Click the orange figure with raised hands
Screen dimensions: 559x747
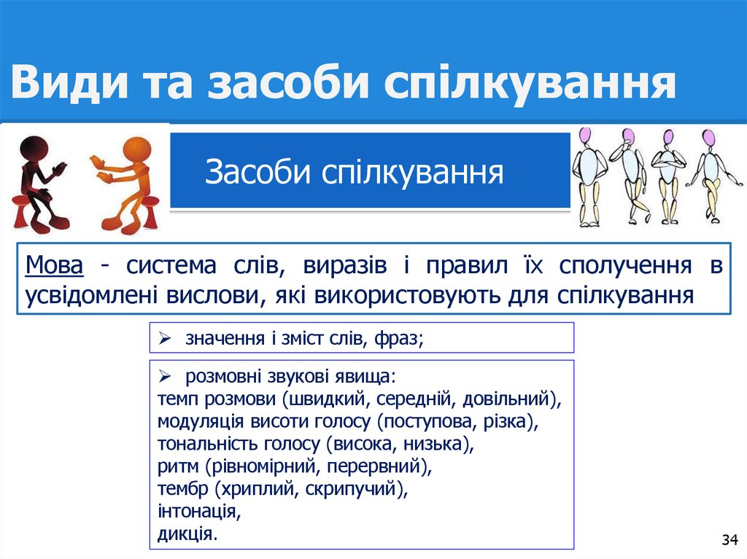click(125, 182)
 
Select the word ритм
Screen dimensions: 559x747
click(177, 465)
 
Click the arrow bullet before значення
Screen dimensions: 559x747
click(165, 338)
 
